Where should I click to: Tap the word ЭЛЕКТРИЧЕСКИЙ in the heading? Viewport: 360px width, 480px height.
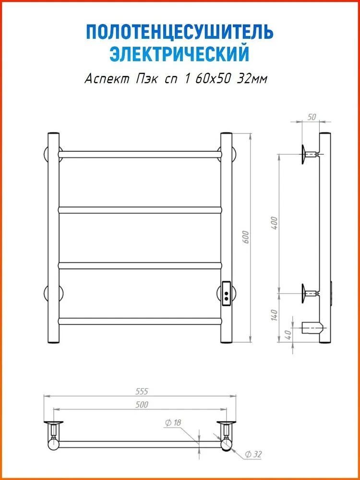[180, 54]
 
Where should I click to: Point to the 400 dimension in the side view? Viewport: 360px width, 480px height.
[275, 223]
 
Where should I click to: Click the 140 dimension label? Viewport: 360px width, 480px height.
[274, 315]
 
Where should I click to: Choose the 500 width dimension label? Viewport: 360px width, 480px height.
[141, 405]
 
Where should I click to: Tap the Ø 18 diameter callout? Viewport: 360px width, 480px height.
[173, 423]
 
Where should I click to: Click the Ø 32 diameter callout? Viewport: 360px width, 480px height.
[254, 455]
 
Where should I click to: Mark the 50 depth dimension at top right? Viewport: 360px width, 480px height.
[312, 117]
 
